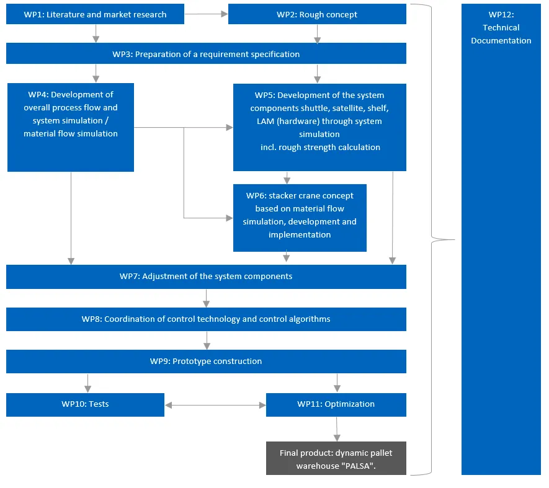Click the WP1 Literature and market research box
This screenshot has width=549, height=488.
95,14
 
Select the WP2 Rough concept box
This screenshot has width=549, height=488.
317,14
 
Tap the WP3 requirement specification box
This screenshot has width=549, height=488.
206,54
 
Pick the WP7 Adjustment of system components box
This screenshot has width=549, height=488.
206,277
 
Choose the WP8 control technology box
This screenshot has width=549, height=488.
206,319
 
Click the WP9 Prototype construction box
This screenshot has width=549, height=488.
206,362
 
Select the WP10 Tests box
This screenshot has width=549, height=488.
85,404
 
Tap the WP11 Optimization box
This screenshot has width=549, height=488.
336,404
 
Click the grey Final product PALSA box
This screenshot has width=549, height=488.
336,459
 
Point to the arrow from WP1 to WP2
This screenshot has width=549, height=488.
206,13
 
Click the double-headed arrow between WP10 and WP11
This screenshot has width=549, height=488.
215,405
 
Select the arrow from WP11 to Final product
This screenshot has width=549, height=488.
337,428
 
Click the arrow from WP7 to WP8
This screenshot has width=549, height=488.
207,298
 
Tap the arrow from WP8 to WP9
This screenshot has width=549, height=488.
207,340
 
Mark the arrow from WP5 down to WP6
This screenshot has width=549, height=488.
287,177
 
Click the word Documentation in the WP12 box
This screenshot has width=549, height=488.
501,41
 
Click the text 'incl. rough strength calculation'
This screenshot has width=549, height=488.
320,147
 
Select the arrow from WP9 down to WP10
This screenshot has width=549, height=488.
87,383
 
